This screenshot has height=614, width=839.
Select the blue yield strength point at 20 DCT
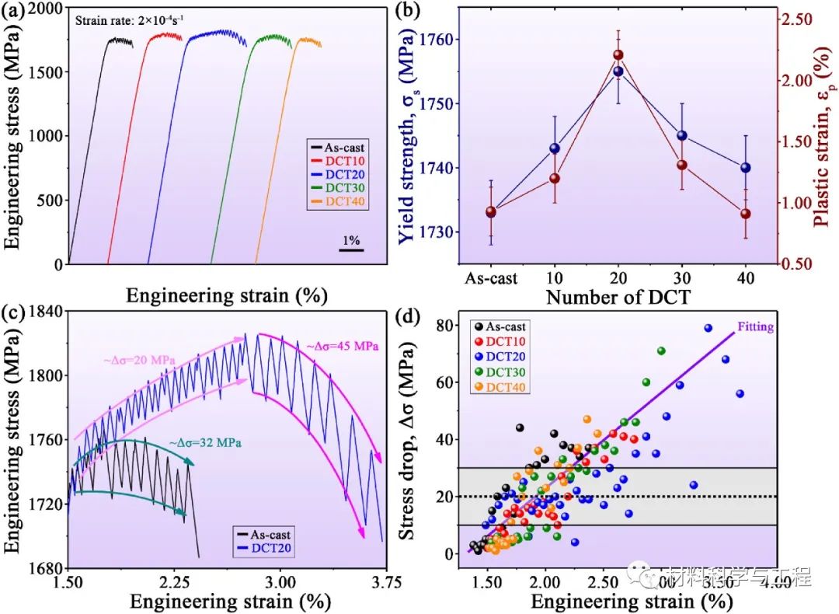point(618,72)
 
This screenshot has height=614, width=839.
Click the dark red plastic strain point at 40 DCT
point(746,214)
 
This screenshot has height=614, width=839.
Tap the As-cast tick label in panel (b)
point(491,277)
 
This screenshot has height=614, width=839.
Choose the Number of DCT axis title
point(618,297)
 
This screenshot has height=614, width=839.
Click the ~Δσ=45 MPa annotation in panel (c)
point(341,346)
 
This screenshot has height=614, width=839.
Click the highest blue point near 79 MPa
point(708,328)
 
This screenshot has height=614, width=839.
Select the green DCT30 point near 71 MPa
point(661,351)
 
